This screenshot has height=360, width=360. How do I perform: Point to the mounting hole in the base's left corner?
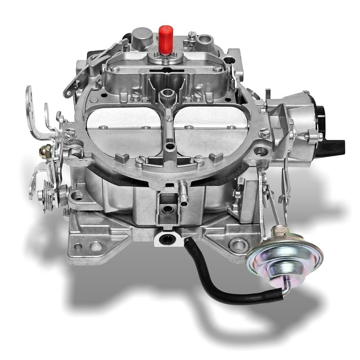coord(96,246)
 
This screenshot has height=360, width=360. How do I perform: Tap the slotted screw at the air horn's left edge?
coord(71,132)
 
